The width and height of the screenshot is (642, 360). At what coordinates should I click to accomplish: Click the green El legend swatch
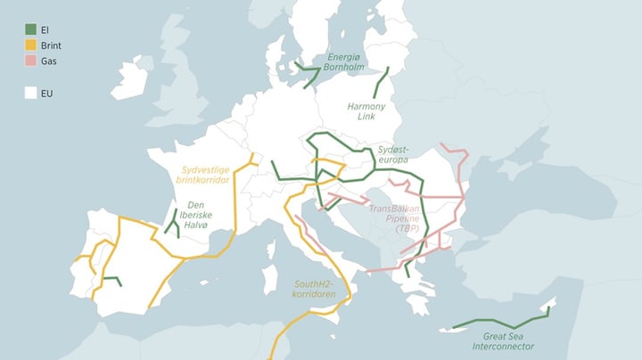coord(30,28)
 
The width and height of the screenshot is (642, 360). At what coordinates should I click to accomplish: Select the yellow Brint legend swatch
coord(30,45)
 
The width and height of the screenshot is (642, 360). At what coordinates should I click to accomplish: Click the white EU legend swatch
coord(30,92)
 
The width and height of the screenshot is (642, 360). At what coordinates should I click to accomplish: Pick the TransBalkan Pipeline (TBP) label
coord(393,217)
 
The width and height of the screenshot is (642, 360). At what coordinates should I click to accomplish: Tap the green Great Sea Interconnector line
coord(499,323)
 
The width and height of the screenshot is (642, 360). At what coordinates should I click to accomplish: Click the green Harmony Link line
coord(381,85)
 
